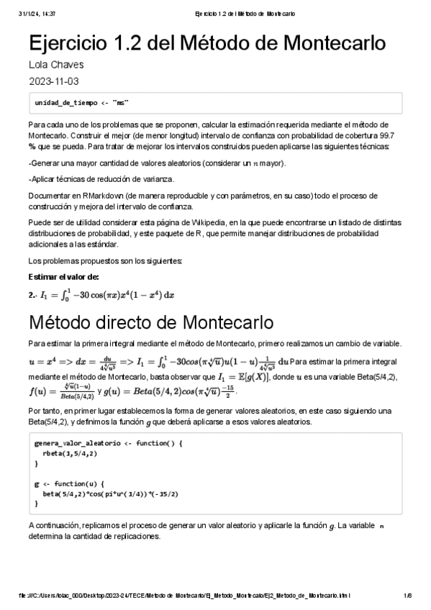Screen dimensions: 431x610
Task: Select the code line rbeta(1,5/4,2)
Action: [x=70, y=454]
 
